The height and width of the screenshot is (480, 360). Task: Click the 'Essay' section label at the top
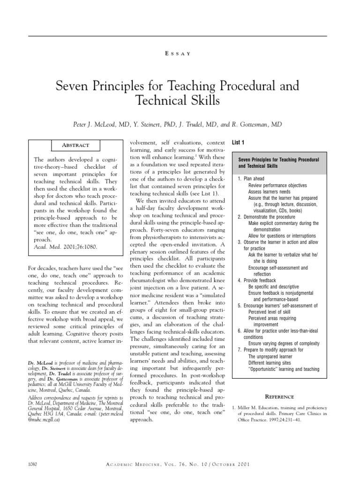tap(180, 54)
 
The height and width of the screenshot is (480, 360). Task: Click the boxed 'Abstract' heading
tap(76, 145)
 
